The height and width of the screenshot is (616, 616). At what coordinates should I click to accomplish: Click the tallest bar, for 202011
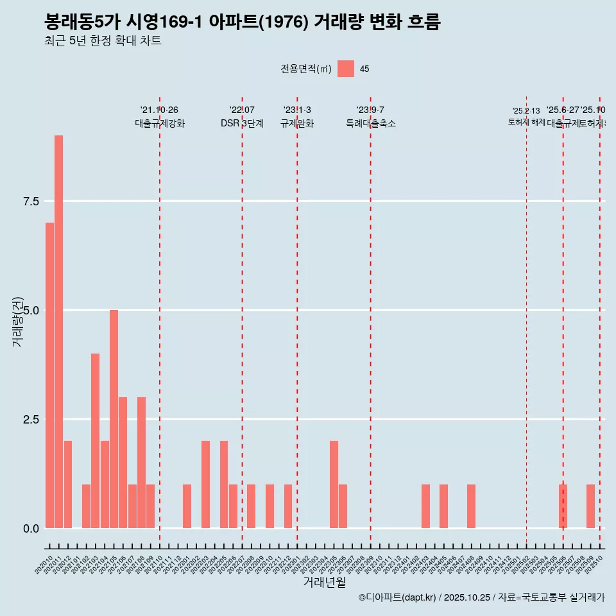tap(58, 332)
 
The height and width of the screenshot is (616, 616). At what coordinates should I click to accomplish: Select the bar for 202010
tap(49, 375)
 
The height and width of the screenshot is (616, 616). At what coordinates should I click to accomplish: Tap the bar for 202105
tap(114, 419)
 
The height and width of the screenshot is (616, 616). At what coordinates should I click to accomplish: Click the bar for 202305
tap(334, 484)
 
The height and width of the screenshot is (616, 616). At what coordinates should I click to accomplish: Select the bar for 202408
tap(471, 506)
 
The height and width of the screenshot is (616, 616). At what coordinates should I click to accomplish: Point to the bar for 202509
tap(590, 506)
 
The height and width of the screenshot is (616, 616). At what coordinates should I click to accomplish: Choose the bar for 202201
tap(187, 506)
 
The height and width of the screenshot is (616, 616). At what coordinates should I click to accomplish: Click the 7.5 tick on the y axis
tap(31, 201)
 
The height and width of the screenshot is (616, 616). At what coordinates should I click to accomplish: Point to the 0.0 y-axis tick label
tap(31, 529)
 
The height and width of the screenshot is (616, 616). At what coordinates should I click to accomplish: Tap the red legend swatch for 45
tap(346, 69)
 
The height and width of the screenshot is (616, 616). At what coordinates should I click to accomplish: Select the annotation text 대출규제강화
tap(160, 124)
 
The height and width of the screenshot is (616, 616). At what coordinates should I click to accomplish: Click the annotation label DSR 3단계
tap(242, 124)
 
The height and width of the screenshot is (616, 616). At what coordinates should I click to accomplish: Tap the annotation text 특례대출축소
tap(370, 124)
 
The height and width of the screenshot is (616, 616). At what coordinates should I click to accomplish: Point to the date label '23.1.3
tap(297, 110)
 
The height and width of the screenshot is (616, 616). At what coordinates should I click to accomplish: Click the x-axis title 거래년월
tap(324, 582)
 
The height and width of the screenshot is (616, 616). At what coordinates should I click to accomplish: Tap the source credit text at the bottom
tap(481, 597)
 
